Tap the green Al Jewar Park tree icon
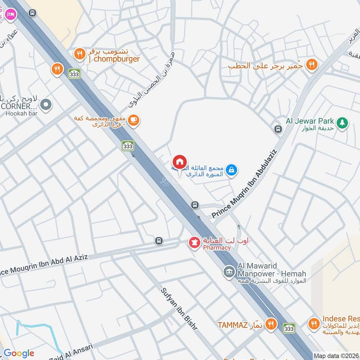coord(342,122)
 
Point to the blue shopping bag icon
coord(232,170)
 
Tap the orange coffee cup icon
coord(133,120)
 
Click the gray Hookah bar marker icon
coord(45,105)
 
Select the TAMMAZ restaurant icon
coord(270,324)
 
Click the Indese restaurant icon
coord(314,323)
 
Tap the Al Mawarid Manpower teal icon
coord(229,271)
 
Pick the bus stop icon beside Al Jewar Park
coord(278,130)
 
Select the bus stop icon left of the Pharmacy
coord(158,241)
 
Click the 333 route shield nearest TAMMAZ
coord(289,328)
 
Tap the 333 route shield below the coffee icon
coord(128,146)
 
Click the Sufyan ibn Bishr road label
coord(179,309)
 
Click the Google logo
coord(18,353)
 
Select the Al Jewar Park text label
coord(310,121)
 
